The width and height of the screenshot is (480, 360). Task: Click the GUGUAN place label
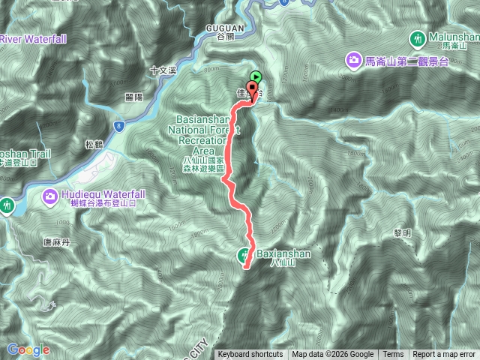[222, 28]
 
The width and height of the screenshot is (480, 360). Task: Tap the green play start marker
[256, 76]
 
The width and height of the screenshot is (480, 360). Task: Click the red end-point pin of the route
[251, 91]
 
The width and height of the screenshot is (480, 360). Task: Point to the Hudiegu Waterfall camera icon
[50, 196]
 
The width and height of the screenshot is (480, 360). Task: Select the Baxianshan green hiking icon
[246, 255]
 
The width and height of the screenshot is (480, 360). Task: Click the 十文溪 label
[162, 70]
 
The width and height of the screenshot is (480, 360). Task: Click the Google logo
[28, 349]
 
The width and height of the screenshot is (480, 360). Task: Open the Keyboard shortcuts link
[250, 355]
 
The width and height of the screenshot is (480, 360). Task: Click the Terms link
[392, 355]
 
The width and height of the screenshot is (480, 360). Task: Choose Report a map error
[444, 355]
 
